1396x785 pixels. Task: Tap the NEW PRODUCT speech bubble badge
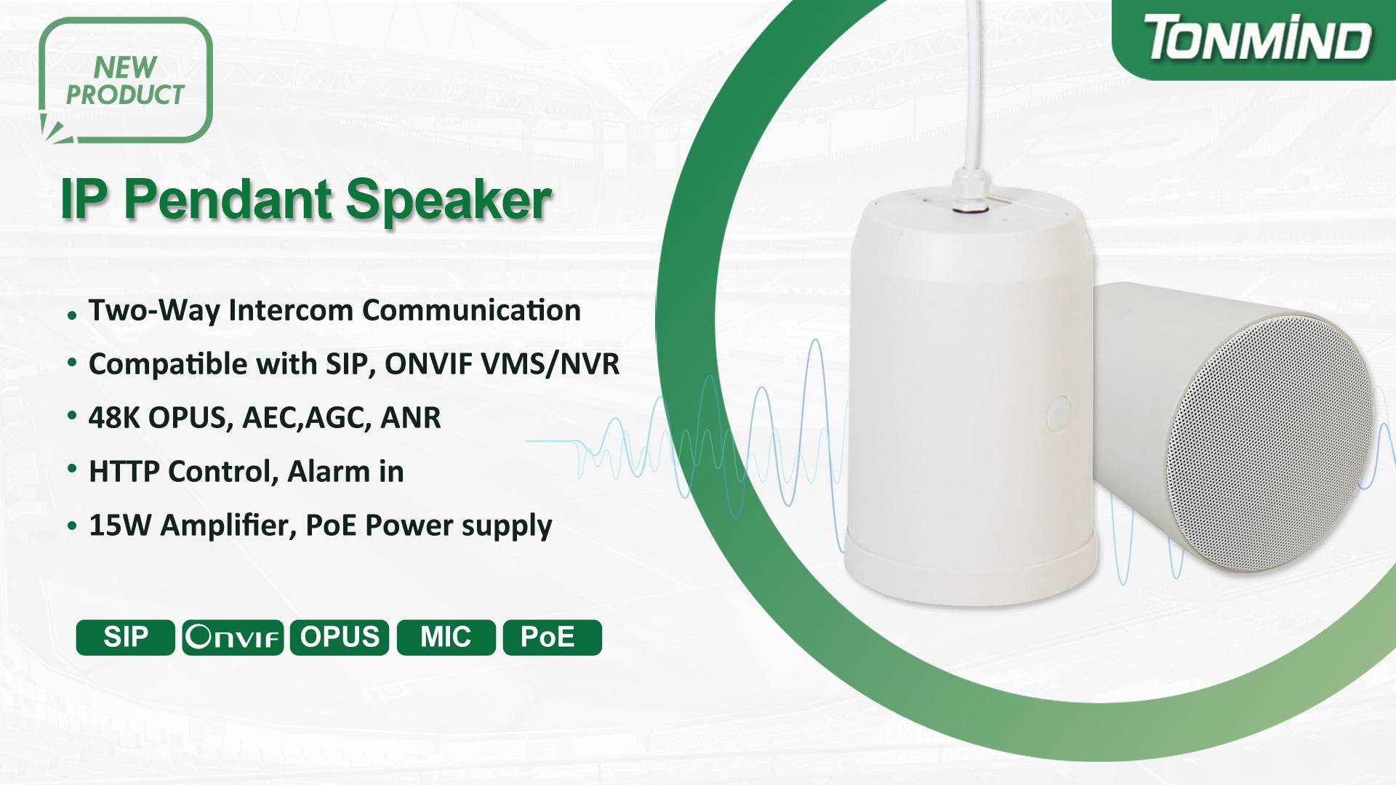click(x=125, y=80)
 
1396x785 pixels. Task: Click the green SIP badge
click(x=125, y=637)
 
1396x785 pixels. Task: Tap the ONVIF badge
click(x=233, y=637)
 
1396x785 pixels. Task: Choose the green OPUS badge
click(x=340, y=637)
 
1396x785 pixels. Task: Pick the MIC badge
click(x=446, y=637)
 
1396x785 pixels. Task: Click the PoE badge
click(x=553, y=637)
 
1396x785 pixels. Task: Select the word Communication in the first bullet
click(x=472, y=310)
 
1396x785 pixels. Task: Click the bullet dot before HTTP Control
click(x=72, y=470)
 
